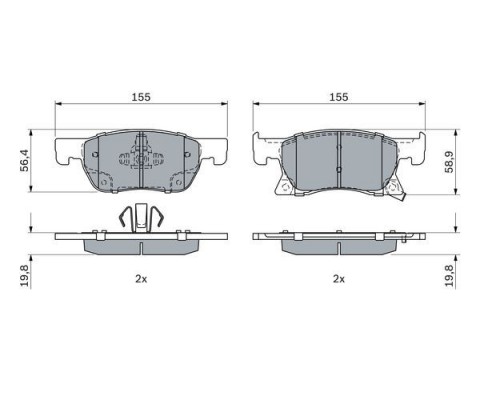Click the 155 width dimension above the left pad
coord(141,97)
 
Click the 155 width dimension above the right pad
coord(339,97)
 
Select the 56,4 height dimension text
coord(24,161)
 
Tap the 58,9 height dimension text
coord(449,162)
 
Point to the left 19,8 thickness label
coord(24,275)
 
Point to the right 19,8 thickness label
coord(449,275)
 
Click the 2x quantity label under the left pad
coord(141,279)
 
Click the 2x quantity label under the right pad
coord(339,279)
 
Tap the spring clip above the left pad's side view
coord(141,218)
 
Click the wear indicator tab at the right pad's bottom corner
coord(401,198)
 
